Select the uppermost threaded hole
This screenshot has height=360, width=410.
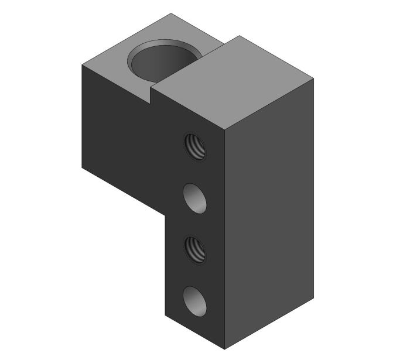(196, 146)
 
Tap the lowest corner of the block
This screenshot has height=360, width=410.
(225, 349)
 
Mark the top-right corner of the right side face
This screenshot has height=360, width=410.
(314, 80)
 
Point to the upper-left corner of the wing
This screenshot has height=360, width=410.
(81, 64)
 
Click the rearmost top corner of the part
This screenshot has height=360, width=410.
(171, 13)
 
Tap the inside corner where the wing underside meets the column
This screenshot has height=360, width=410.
(166, 214)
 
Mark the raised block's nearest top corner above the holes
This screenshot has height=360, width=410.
(225, 128)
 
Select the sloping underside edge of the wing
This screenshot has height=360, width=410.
(123, 191)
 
